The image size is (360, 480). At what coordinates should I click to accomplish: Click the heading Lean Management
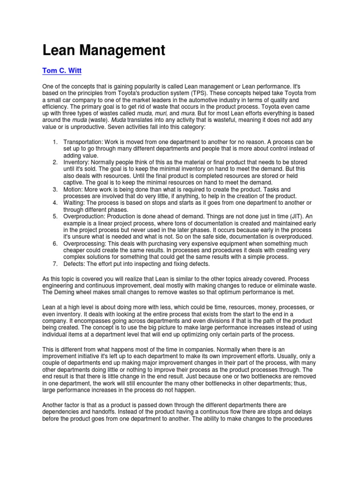click(104, 51)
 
